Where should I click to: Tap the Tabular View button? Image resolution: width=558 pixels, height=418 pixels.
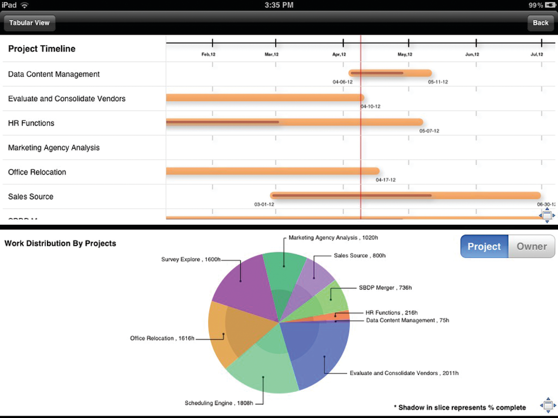pos(29,23)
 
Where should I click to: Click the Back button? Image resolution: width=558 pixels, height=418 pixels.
pos(540,23)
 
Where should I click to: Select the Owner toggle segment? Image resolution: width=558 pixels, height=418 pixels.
pos(531,246)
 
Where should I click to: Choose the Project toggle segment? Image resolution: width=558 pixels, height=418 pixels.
pos(484,246)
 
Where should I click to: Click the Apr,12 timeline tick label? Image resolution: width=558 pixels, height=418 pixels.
pos(339,55)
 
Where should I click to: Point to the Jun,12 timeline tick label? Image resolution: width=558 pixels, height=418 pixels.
pos(472,55)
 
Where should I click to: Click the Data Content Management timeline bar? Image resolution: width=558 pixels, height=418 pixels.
pos(391,73)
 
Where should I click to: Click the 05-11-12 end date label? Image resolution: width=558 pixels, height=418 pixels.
pos(438,82)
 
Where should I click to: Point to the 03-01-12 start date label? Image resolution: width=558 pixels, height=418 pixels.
pos(264,204)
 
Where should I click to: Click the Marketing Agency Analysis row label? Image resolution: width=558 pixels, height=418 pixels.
pos(54,148)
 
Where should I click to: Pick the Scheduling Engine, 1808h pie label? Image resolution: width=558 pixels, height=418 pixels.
pos(219,403)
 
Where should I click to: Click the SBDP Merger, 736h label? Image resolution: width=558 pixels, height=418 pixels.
pos(385,288)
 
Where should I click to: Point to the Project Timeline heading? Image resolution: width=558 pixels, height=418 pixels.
pos(42,49)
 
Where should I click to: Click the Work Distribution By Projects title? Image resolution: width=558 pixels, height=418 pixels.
pos(60,243)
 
